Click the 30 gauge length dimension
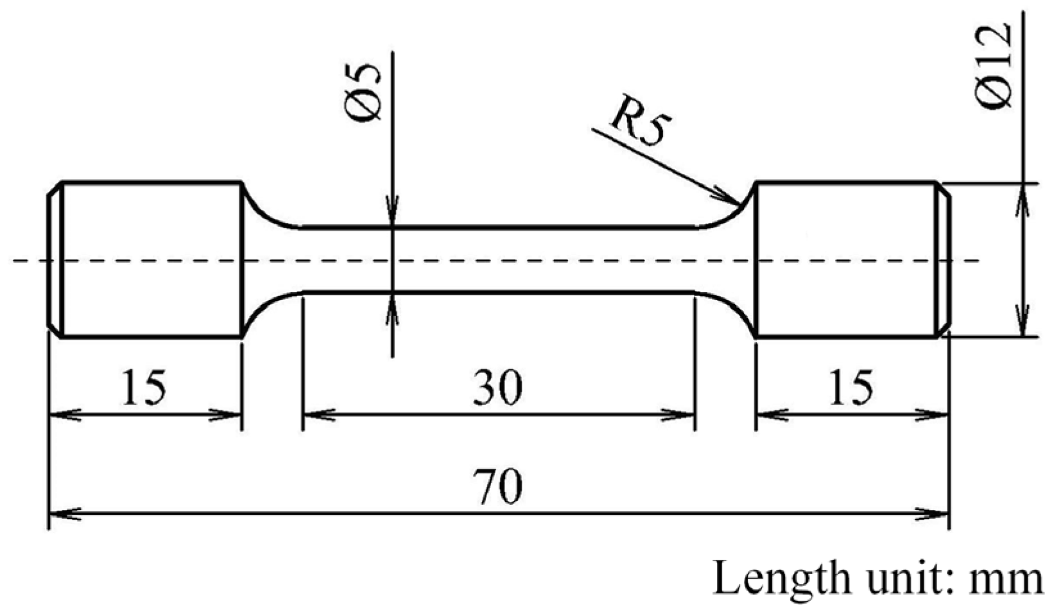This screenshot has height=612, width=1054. (497, 388)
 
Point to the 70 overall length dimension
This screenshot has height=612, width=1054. (497, 486)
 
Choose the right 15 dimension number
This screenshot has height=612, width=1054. (851, 388)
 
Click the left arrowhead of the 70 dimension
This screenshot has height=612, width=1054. (58, 513)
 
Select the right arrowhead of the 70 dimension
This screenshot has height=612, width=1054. (940, 513)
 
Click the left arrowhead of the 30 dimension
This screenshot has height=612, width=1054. (311, 415)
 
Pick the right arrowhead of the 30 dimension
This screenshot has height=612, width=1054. (687, 415)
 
